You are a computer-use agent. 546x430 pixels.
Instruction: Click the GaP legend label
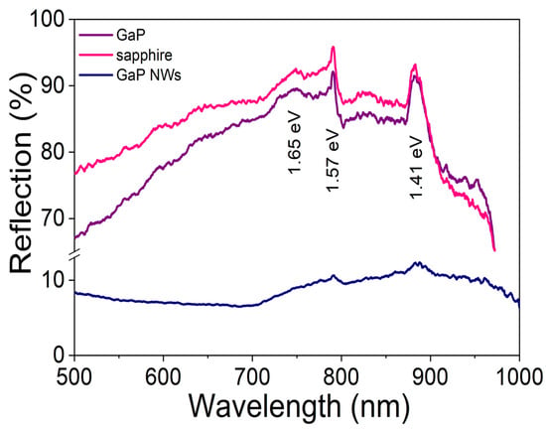(x=131, y=35)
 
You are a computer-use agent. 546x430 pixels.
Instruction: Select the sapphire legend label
(x=144, y=55)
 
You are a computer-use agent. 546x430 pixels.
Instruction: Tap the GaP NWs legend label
(x=149, y=75)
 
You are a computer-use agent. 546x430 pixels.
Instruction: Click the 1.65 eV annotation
(x=294, y=143)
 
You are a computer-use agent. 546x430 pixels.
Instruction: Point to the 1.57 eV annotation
(x=333, y=161)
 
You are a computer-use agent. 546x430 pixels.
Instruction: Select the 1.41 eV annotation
(x=416, y=168)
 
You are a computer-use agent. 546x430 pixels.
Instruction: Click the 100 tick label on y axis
(x=48, y=19)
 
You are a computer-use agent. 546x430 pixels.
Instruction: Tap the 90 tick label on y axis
(x=53, y=85)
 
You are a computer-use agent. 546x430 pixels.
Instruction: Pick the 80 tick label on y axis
(x=53, y=152)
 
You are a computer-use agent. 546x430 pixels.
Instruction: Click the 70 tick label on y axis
(x=53, y=218)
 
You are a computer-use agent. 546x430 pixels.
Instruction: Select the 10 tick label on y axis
(x=53, y=280)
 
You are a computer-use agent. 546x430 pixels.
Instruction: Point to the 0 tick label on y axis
(x=60, y=356)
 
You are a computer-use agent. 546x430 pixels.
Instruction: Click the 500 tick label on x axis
(x=74, y=376)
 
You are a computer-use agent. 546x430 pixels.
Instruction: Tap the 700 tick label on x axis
(x=252, y=376)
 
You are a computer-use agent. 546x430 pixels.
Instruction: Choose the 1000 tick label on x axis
(x=520, y=376)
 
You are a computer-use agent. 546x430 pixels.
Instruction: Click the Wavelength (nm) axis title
(x=299, y=407)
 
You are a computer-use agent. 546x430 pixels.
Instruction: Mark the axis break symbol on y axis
(x=75, y=254)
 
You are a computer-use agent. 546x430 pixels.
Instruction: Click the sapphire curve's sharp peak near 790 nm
(x=333, y=47)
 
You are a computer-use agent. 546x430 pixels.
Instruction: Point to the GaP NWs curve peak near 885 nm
(x=416, y=262)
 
